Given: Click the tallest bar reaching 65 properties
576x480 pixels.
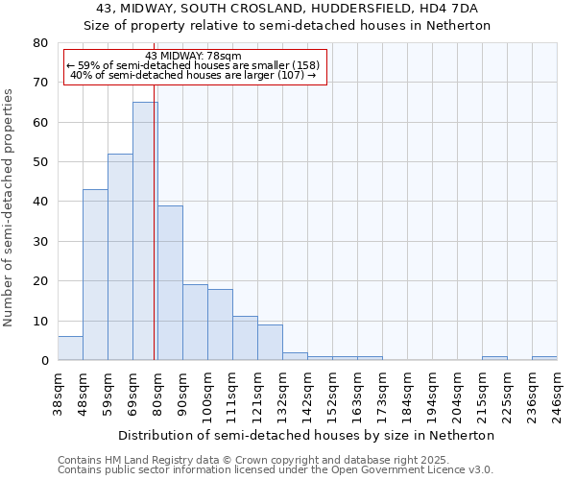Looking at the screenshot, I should (145, 230).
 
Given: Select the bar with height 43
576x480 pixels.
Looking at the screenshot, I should (95, 275).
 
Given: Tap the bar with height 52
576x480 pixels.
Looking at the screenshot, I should (120, 256).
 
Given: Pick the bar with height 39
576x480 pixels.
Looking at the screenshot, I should (170, 282).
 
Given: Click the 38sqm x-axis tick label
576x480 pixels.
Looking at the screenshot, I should (59, 388).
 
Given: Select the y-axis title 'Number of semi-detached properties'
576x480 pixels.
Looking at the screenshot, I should (10, 207).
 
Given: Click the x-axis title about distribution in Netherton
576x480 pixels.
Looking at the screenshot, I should (307, 435).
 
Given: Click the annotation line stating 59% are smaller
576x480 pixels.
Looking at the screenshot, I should (193, 65).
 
